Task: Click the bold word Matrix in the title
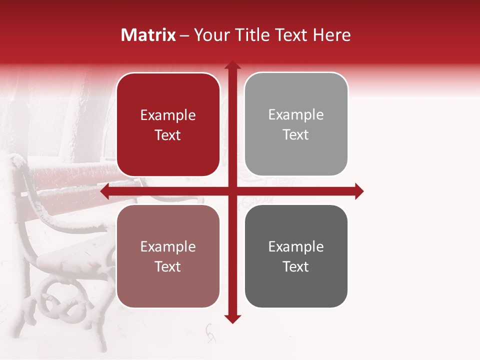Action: pos(148,35)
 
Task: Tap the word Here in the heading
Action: pos(331,35)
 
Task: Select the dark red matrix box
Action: pos(168,124)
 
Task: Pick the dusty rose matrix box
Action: pos(168,256)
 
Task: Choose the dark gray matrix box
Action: pos(296,256)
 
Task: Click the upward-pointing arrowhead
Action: pos(232,65)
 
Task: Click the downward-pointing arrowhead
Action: pos(232,318)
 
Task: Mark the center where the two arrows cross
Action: pos(232,191)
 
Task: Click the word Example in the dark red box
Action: pos(168,115)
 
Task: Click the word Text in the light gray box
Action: pos(296,135)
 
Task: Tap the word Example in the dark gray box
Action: pos(296,246)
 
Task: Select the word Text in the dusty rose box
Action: pos(168,266)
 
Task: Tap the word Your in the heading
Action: pos(210,35)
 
